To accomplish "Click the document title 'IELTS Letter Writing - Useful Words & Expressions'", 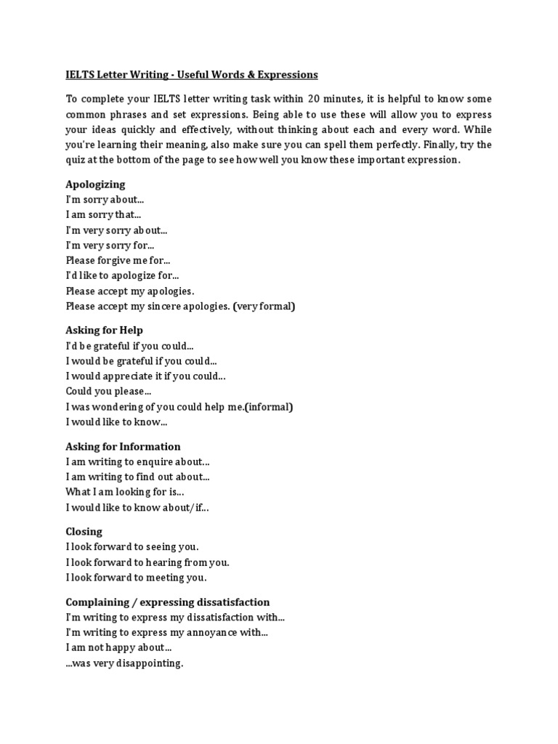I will coord(192,75).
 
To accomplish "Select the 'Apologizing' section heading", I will coord(95,184).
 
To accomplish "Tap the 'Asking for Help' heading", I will coord(104,330).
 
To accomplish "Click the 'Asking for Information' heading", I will coord(123,446).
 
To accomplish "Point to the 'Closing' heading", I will coord(84,531).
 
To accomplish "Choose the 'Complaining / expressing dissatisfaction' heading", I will coord(167,602).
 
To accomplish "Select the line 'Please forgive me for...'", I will coord(118,260).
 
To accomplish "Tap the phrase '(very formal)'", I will coord(264,307).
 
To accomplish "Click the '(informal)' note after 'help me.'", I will coord(269,407).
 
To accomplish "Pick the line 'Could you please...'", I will coord(108,391).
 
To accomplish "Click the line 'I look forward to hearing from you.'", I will coord(147,562).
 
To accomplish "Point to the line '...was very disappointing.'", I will coord(124,663).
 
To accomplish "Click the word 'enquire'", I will coord(170,461).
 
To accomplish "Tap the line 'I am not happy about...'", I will coord(118,647).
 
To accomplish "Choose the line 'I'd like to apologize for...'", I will coord(122,275).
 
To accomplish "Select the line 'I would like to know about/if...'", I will coord(137,508).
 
